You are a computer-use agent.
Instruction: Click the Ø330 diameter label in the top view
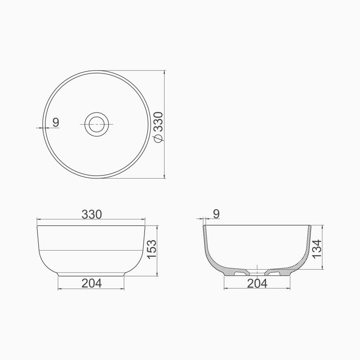pyautogui.click(x=158, y=127)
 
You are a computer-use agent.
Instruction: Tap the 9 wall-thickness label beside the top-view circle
pyautogui.click(x=56, y=122)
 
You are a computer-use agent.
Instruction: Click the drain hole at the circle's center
pyautogui.click(x=96, y=124)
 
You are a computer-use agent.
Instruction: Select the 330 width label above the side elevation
pyautogui.click(x=91, y=215)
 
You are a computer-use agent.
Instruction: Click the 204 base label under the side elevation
pyautogui.click(x=91, y=283)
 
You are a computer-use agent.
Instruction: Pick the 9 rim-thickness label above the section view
pyautogui.click(x=216, y=214)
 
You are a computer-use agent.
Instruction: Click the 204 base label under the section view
pyautogui.click(x=257, y=283)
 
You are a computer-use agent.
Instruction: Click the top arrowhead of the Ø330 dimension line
pyautogui.click(x=165, y=72)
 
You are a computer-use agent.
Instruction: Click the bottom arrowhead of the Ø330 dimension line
pyautogui.click(x=165, y=176)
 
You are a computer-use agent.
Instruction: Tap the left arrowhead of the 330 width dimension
pyautogui.click(x=39, y=219)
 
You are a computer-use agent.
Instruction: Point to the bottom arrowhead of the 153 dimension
pyautogui.click(x=157, y=274)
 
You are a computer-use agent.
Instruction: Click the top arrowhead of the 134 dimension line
pyautogui.click(x=323, y=227)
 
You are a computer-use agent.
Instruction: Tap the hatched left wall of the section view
pyautogui.click(x=209, y=252)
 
